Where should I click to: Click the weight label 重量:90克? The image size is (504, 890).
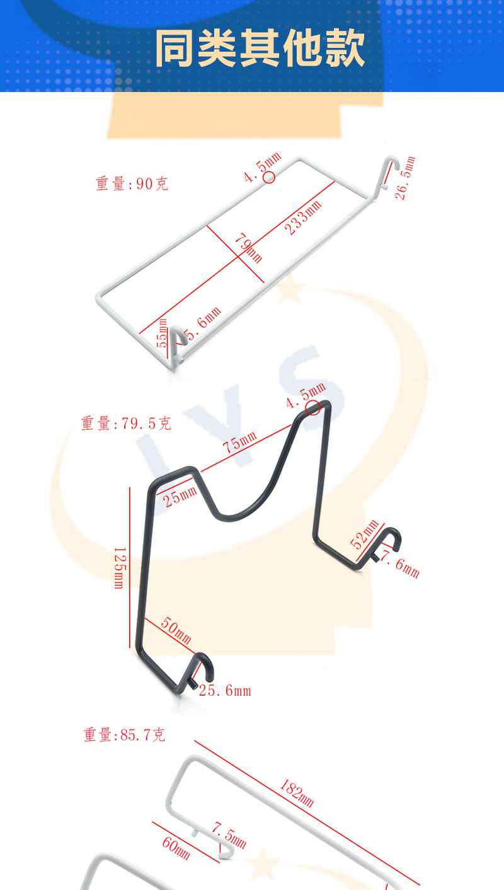(x=132, y=184)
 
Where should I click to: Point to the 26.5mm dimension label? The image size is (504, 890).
(x=404, y=178)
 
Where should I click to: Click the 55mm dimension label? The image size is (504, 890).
(x=163, y=333)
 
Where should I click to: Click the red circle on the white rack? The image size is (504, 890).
(x=269, y=177)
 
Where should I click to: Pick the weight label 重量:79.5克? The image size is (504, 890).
(x=126, y=424)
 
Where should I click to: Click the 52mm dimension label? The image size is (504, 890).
(x=365, y=535)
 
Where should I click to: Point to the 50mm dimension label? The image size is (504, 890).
(x=176, y=631)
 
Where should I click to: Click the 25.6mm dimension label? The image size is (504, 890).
(x=225, y=691)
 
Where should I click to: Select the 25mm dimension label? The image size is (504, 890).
(x=180, y=497)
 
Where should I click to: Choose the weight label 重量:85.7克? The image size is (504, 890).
(x=125, y=735)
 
